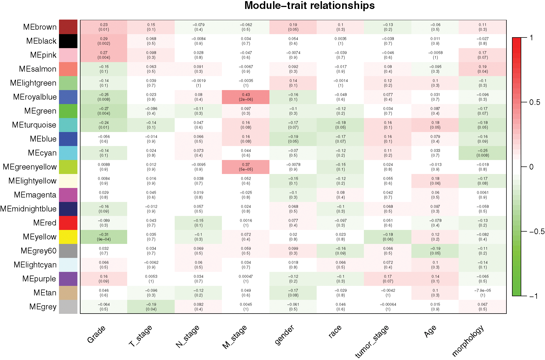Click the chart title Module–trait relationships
point(309,6)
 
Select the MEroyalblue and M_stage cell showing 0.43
point(246,97)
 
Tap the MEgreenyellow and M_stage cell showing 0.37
point(246,167)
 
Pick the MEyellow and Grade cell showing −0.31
point(104,237)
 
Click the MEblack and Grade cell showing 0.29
point(104,41)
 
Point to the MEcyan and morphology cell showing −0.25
point(482,153)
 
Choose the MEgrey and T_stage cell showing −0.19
point(151,307)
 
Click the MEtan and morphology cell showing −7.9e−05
point(482,293)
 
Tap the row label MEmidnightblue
point(29,209)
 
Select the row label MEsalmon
point(38,69)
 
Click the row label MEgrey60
point(39,251)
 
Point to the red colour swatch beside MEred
point(68,223)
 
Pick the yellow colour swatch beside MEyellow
point(68,237)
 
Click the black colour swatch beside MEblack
point(68,41)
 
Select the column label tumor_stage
point(372,341)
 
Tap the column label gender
point(284,335)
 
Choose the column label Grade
point(96,334)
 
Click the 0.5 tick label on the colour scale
point(535,102)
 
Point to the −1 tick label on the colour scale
point(534,296)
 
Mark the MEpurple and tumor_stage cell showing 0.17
point(388,279)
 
